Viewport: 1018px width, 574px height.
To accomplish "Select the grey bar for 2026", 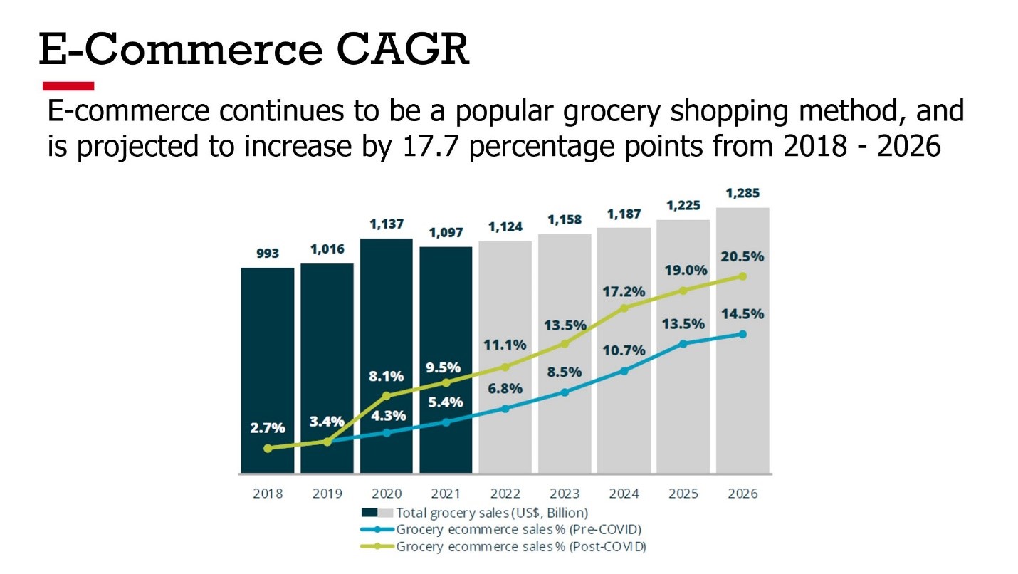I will [x=742, y=399].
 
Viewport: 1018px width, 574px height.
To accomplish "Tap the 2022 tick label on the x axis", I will [x=505, y=494].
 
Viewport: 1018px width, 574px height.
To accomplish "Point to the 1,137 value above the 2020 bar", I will [x=387, y=224].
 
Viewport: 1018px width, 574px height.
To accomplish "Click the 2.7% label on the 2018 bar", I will [x=268, y=428].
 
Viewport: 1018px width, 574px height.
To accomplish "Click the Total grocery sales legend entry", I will [x=491, y=513].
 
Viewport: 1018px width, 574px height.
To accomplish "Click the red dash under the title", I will [x=68, y=86].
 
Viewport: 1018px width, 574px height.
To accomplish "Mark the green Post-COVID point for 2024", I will [x=624, y=308].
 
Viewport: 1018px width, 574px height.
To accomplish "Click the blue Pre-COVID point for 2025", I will [x=683, y=343].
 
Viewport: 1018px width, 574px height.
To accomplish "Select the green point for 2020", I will [x=387, y=395].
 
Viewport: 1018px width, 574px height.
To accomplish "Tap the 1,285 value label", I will [x=742, y=192].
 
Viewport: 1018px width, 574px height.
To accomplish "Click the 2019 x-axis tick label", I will [x=327, y=494].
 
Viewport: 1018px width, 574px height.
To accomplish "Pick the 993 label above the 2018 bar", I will [x=268, y=253].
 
